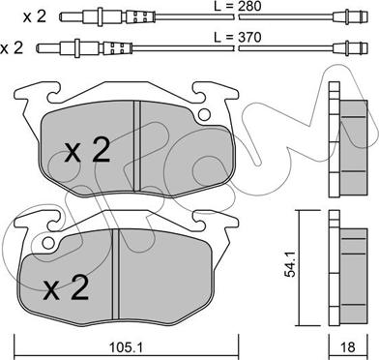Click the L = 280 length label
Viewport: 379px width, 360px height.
[238, 6]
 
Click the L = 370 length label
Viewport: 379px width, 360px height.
[238, 38]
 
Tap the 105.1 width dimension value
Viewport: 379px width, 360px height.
[126, 347]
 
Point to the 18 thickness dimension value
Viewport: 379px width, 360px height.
[347, 347]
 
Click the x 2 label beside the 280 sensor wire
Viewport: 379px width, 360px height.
[35, 16]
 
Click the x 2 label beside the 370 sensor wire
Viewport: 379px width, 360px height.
[12, 48]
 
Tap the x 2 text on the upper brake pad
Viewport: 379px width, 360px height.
[87, 151]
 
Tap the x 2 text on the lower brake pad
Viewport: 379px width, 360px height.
[67, 288]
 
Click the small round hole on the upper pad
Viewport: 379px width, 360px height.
[204, 114]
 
